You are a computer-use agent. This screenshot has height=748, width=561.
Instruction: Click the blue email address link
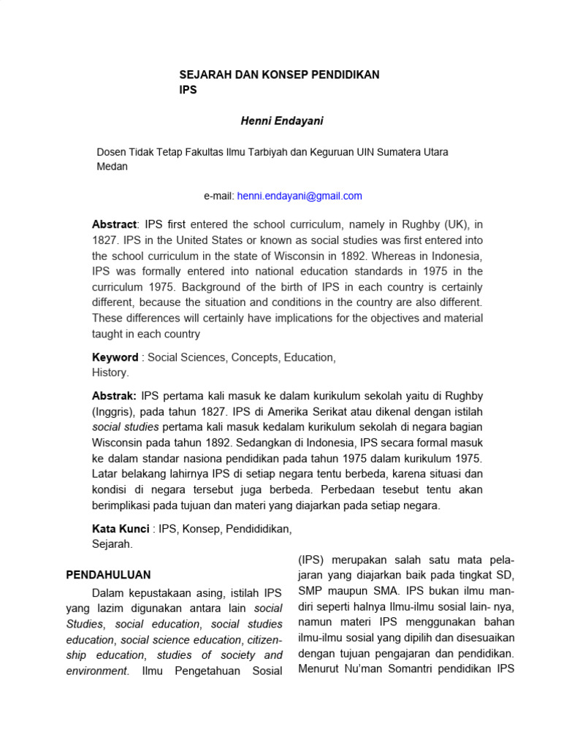click(299, 196)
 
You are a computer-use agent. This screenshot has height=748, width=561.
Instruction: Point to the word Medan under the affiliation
click(112, 166)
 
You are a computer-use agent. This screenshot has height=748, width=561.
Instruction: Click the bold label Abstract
click(114, 224)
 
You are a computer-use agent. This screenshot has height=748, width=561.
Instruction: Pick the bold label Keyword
click(115, 357)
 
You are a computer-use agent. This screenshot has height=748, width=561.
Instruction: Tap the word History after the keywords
click(110, 373)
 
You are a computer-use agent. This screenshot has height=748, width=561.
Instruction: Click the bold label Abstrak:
click(114, 395)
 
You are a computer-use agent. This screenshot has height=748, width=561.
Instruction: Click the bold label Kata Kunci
click(121, 528)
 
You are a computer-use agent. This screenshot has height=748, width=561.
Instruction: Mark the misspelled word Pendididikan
click(260, 528)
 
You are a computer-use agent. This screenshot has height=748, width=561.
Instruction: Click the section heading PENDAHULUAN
click(108, 575)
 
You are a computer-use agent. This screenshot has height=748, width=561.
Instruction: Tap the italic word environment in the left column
click(96, 671)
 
